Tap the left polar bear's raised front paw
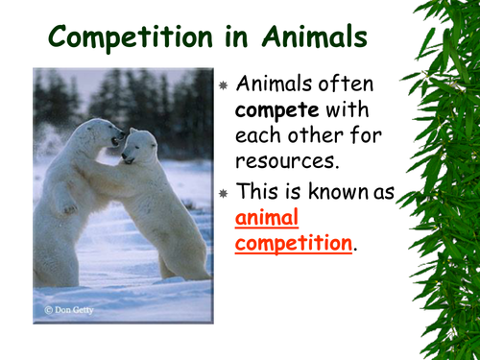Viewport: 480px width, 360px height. pyautogui.click(x=68, y=204)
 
